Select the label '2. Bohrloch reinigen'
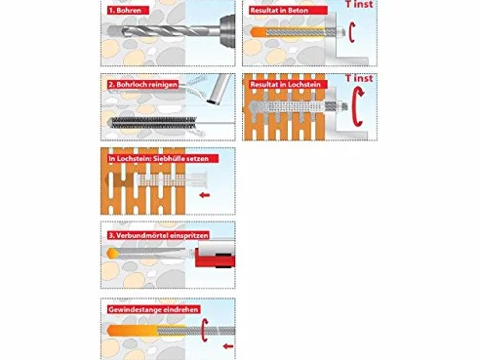[x=143, y=85]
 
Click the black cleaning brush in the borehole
[x=152, y=123]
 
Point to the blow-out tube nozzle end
[x=214, y=101]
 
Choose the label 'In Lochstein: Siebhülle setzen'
[x=163, y=159]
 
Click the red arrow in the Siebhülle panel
[x=205, y=195]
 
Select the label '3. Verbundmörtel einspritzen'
[x=158, y=235]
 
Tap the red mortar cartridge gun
[x=216, y=255]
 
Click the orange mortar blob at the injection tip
[x=111, y=253]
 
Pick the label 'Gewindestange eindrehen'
[x=153, y=309]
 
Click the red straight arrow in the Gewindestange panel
[x=228, y=346]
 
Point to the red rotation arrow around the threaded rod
[x=203, y=330]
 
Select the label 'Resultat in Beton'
[x=279, y=11]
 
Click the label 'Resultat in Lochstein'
[x=285, y=85]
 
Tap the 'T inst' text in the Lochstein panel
[x=359, y=78]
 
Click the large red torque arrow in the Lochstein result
[x=355, y=106]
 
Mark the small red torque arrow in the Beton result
[x=351, y=32]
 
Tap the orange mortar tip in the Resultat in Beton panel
[x=259, y=32]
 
